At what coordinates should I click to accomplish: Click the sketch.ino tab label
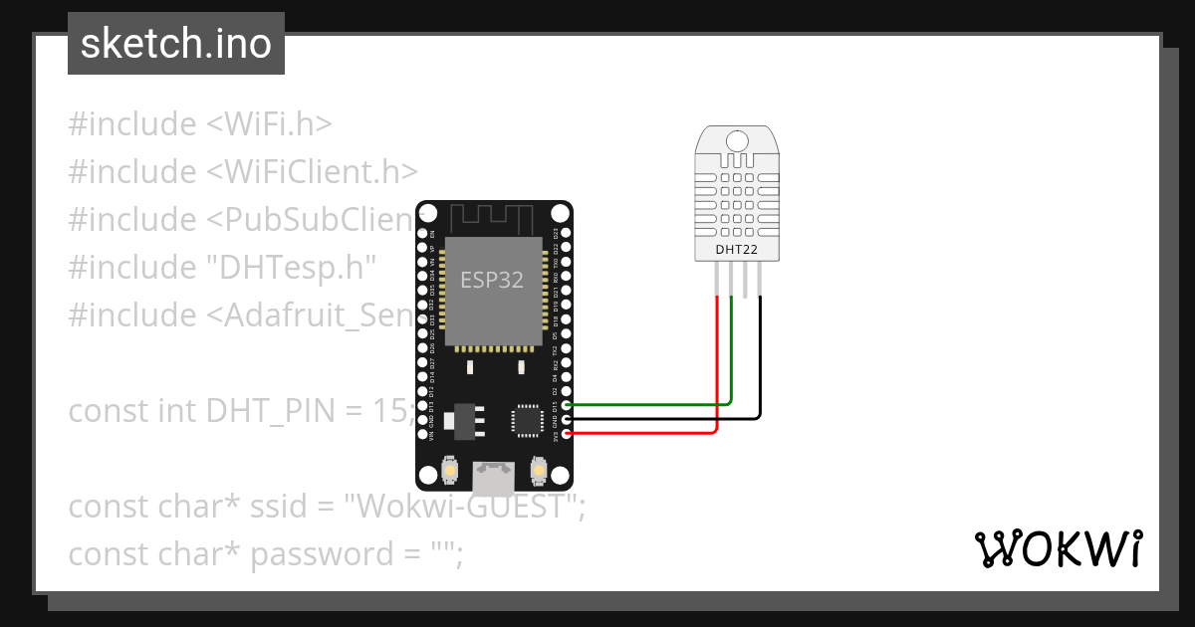(176, 44)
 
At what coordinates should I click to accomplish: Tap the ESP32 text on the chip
(491, 280)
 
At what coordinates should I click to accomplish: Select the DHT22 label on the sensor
(737, 250)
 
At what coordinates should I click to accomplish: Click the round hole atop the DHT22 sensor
(737, 142)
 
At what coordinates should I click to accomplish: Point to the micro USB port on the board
(494, 479)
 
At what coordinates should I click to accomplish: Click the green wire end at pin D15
(567, 405)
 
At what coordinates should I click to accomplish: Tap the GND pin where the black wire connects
(567, 419)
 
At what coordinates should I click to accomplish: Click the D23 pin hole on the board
(567, 233)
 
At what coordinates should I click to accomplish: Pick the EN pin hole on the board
(422, 233)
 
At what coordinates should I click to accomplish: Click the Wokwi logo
(1058, 548)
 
